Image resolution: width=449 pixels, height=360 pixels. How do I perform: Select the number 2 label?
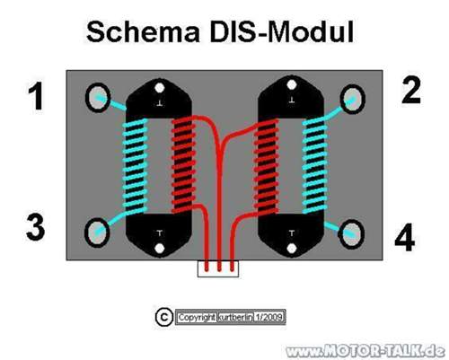pyautogui.click(x=411, y=90)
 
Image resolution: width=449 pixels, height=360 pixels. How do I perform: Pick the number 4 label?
pyautogui.click(x=406, y=239)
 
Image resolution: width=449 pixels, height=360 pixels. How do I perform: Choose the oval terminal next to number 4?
pyautogui.click(x=352, y=233)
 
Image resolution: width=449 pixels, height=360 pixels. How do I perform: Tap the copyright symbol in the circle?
pyautogui.click(x=163, y=317)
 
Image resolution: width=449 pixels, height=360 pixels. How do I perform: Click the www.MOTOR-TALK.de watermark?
pyautogui.click(x=364, y=349)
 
